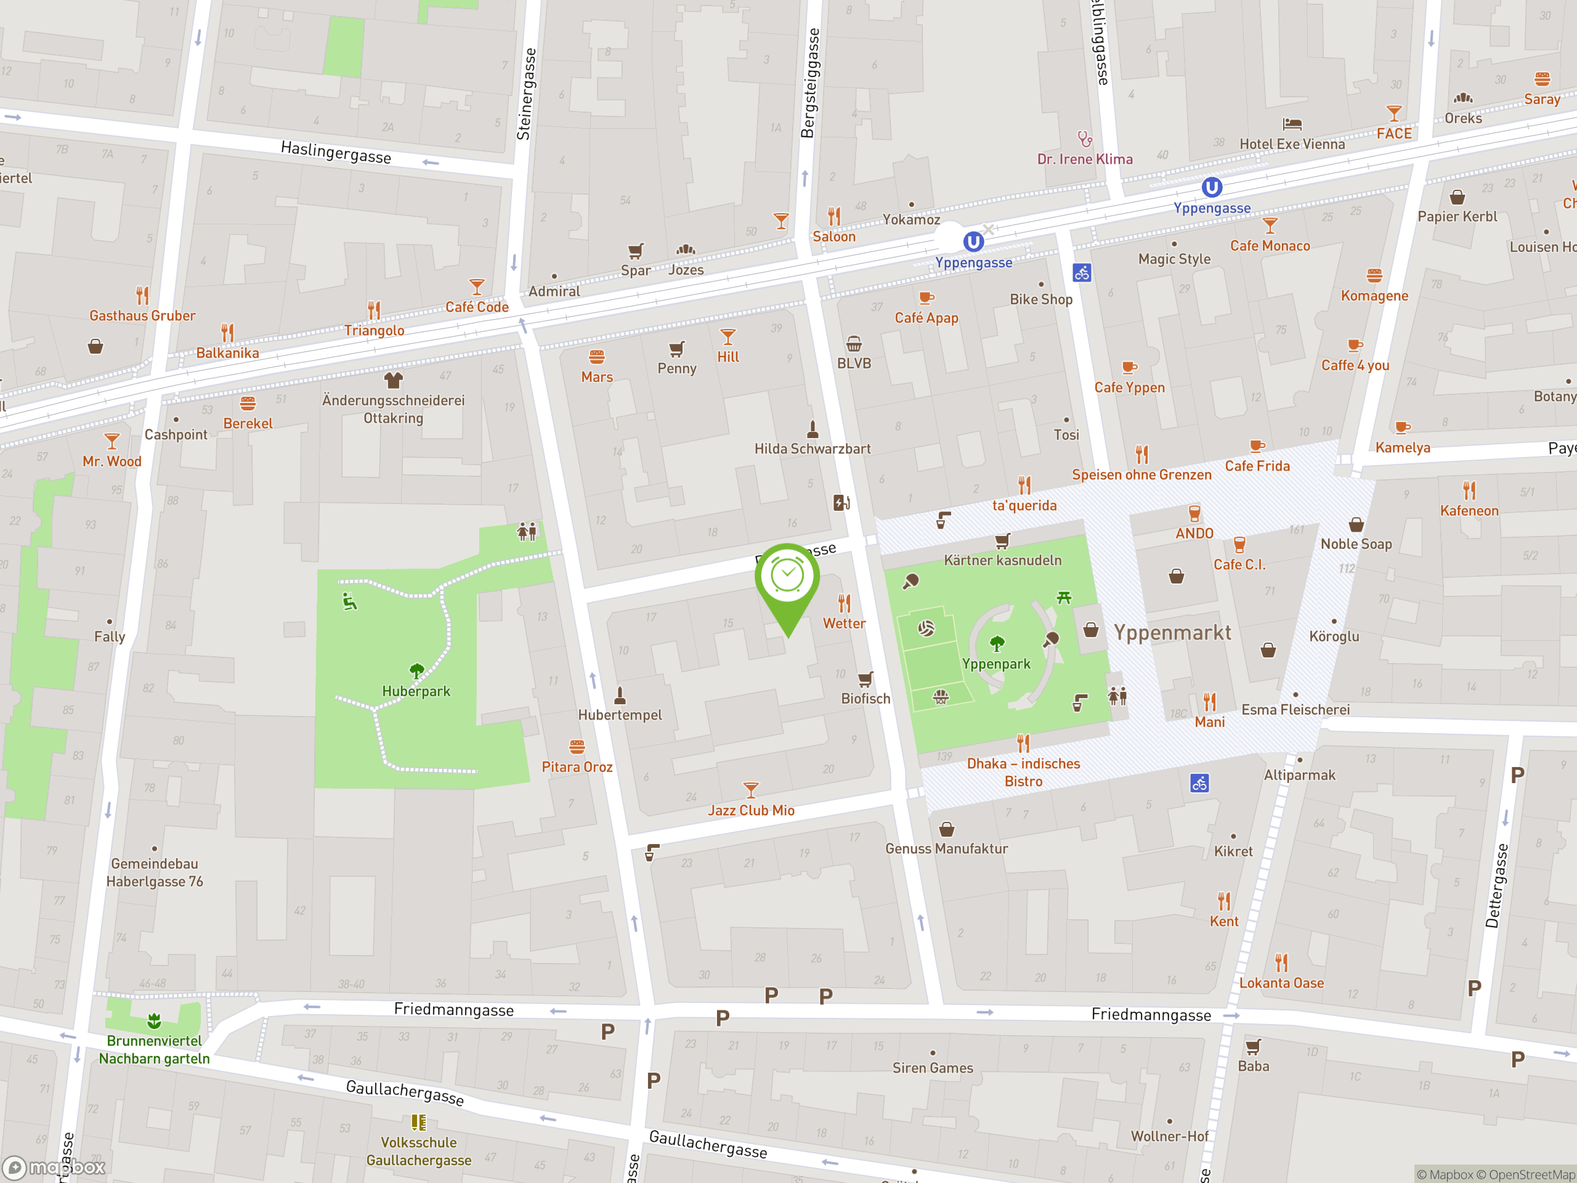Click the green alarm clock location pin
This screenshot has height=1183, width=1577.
[787, 577]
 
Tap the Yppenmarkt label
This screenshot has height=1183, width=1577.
[1172, 633]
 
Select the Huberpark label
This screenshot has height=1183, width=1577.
[416, 691]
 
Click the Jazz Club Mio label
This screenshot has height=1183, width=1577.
[751, 810]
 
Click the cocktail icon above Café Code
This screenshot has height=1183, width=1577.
[477, 287]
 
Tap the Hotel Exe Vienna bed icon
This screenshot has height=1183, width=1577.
[1292, 124]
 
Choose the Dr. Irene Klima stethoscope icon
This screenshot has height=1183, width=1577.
[1084, 139]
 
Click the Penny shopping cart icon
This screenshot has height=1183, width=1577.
[676, 349]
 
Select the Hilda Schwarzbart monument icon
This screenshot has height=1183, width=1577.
[812, 429]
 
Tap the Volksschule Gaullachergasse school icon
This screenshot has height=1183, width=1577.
[418, 1123]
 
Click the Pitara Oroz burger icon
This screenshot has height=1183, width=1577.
[577, 747]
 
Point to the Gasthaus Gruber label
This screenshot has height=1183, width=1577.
[142, 315]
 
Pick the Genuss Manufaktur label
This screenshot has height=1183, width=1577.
[946, 848]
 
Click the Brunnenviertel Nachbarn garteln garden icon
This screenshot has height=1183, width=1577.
[154, 1021]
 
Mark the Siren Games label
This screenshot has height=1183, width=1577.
[933, 1068]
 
